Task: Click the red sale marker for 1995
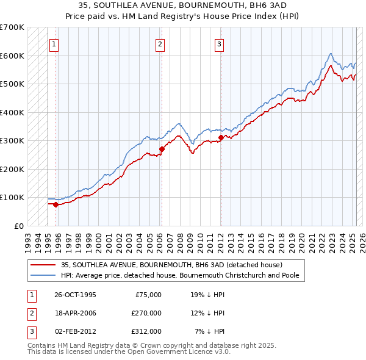56,204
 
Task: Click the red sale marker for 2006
162,149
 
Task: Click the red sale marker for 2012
221,137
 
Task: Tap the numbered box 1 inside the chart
54,44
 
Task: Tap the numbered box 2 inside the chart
160,44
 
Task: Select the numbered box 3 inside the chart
219,44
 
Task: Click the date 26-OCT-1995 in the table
75,295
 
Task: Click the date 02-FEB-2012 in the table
75,331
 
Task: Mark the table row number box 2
30,313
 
